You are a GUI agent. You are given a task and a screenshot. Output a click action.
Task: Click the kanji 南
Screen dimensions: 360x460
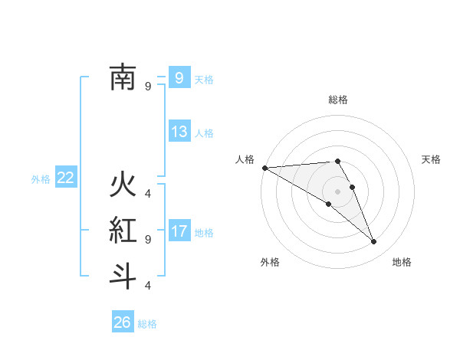click(x=123, y=77)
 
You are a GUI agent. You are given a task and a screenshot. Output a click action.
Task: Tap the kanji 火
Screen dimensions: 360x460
click(x=123, y=186)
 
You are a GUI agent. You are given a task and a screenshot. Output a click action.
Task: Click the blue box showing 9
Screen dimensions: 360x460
click(x=179, y=77)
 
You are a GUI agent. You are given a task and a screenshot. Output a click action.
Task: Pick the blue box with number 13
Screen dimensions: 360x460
click(x=179, y=131)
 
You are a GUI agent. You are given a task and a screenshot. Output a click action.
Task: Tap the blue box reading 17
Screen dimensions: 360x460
click(x=179, y=231)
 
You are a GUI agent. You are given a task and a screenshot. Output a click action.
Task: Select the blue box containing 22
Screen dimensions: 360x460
click(x=65, y=178)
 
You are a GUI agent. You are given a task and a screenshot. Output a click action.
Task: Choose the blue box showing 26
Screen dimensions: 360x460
click(x=122, y=322)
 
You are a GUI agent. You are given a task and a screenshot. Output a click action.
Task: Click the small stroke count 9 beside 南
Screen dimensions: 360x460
click(x=148, y=87)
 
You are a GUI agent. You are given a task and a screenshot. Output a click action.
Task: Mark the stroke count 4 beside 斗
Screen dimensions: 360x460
click(x=148, y=286)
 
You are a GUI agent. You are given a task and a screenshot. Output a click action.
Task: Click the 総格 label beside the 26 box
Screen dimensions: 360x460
click(x=147, y=324)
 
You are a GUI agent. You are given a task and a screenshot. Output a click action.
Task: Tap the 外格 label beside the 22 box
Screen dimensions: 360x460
click(x=41, y=179)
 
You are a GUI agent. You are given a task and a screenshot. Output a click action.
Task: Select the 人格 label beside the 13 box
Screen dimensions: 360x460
click(x=204, y=133)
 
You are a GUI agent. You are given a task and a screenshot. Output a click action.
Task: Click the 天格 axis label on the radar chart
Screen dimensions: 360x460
click(x=431, y=159)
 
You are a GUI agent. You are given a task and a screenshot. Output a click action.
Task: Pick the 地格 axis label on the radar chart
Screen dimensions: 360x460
click(x=402, y=262)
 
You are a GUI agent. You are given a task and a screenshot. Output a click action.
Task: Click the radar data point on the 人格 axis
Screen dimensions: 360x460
click(x=264, y=167)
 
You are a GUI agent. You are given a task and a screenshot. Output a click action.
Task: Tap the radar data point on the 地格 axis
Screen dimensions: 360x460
click(x=373, y=242)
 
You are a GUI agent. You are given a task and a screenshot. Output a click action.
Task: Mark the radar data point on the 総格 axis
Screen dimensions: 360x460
click(x=337, y=161)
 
